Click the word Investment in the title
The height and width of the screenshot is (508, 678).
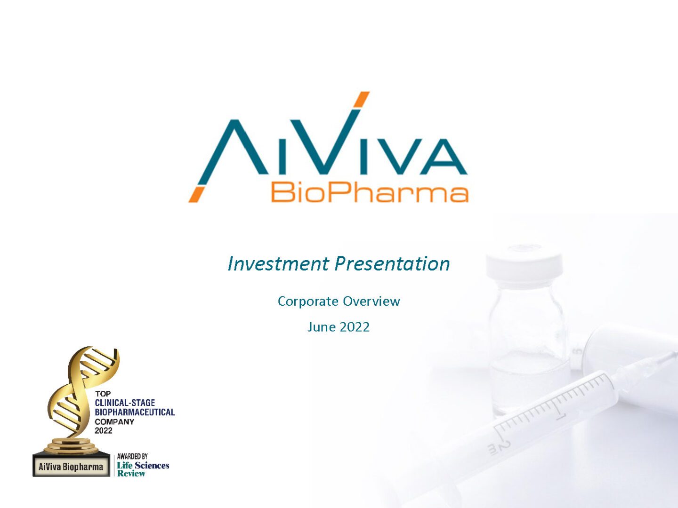pyautogui.click(x=278, y=264)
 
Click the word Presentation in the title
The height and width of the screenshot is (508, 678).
pyautogui.click(x=393, y=264)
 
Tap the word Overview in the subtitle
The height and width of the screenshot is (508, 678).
pyautogui.click(x=371, y=301)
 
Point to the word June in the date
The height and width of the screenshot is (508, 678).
pyautogui.click(x=321, y=327)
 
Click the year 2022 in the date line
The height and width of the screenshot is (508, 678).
pyautogui.click(x=354, y=327)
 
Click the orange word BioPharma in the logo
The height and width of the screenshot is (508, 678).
pyautogui.click(x=370, y=192)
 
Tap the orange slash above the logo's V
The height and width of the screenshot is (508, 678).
pyautogui.click(x=361, y=100)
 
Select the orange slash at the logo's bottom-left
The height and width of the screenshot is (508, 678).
pyautogui.click(x=197, y=194)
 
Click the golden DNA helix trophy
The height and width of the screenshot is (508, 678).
pyautogui.click(x=81, y=398)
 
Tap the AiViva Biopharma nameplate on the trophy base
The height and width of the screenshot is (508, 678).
pyautogui.click(x=71, y=467)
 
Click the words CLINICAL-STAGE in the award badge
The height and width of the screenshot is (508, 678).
pyautogui.click(x=125, y=403)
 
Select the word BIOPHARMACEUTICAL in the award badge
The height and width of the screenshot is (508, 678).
pyautogui.click(x=135, y=412)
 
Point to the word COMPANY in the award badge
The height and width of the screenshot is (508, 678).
pyautogui.click(x=114, y=421)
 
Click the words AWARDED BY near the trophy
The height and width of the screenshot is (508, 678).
pyautogui.click(x=132, y=456)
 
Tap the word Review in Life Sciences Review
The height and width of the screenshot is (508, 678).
pyautogui.click(x=131, y=474)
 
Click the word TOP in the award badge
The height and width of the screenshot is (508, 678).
pyautogui.click(x=103, y=394)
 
